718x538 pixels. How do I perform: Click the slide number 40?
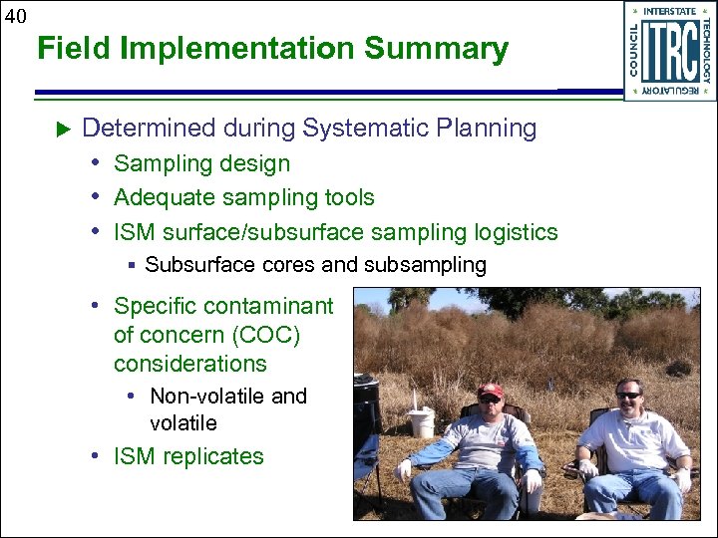(15, 15)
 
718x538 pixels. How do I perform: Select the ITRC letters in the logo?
(669, 52)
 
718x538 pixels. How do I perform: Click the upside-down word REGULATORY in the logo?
(669, 91)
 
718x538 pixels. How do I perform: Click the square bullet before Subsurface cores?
(131, 265)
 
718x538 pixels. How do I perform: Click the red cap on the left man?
(490, 391)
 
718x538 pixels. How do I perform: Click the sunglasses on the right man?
(628, 396)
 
